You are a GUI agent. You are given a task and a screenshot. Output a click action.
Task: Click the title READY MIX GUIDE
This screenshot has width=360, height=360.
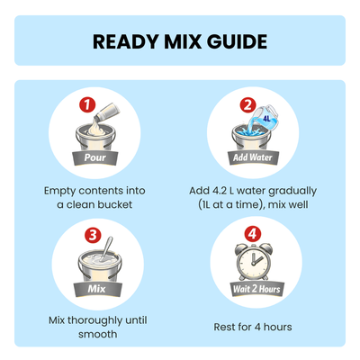[180, 41]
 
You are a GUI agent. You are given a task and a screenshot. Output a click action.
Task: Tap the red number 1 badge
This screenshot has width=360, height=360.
[87, 105]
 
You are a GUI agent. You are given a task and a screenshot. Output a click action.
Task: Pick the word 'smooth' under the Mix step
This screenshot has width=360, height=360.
[97, 334]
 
